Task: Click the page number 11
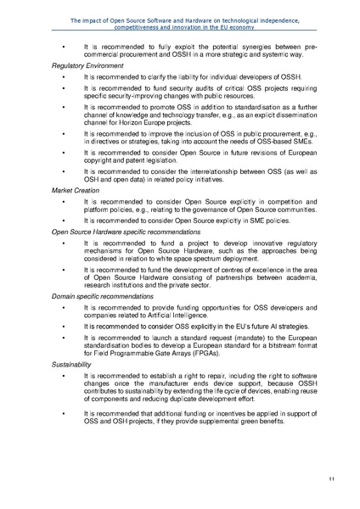click(330, 480)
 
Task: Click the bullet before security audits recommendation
click(63, 89)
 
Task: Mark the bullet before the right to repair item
click(63, 374)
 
